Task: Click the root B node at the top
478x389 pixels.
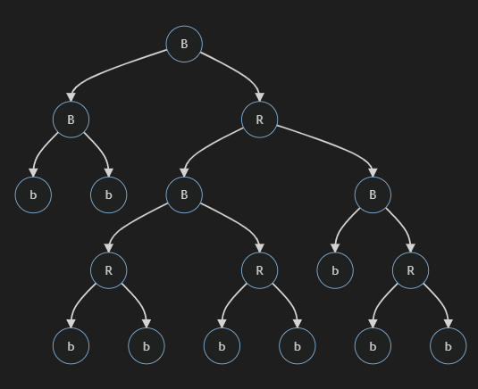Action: (184, 44)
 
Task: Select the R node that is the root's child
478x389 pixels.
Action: (259, 120)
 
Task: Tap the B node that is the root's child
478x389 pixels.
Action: (71, 120)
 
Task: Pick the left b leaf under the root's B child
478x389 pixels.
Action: (33, 194)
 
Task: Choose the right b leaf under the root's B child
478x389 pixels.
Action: (109, 194)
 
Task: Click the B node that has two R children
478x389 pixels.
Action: (184, 194)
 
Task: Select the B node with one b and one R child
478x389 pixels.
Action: (373, 194)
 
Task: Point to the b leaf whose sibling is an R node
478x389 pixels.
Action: (335, 270)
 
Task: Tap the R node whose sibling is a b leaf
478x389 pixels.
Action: (411, 270)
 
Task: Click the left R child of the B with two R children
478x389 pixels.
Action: (109, 270)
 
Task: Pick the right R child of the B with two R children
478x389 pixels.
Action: (259, 270)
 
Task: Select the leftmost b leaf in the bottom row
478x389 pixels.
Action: (71, 346)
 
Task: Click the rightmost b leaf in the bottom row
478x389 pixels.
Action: (449, 346)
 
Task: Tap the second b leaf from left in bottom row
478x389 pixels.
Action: (147, 346)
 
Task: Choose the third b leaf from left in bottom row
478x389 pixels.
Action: (222, 346)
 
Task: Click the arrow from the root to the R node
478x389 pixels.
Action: (237, 70)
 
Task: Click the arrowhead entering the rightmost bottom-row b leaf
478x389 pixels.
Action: (449, 324)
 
